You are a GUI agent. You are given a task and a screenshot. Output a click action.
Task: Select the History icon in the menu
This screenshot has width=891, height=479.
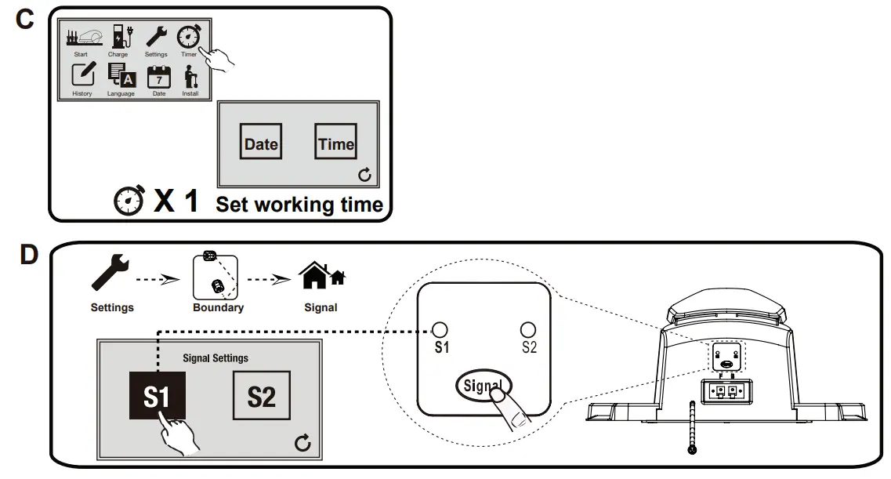(x=82, y=75)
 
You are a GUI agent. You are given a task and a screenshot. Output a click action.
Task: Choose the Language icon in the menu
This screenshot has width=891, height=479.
(x=121, y=75)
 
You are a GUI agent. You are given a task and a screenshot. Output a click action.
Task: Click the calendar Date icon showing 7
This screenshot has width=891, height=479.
(x=159, y=77)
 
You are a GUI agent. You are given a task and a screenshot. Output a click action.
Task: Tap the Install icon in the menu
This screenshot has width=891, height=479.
(x=190, y=76)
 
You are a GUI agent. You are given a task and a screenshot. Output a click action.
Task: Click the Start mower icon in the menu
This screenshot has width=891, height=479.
(x=82, y=38)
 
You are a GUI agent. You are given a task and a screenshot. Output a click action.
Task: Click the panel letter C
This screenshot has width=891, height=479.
(x=25, y=20)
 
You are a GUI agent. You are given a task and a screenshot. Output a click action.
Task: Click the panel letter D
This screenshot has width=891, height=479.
(x=28, y=256)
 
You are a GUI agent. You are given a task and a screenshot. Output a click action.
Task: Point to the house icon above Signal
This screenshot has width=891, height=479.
(x=321, y=275)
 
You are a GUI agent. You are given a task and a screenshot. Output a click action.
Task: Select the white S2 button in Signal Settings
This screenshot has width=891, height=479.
(x=262, y=397)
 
